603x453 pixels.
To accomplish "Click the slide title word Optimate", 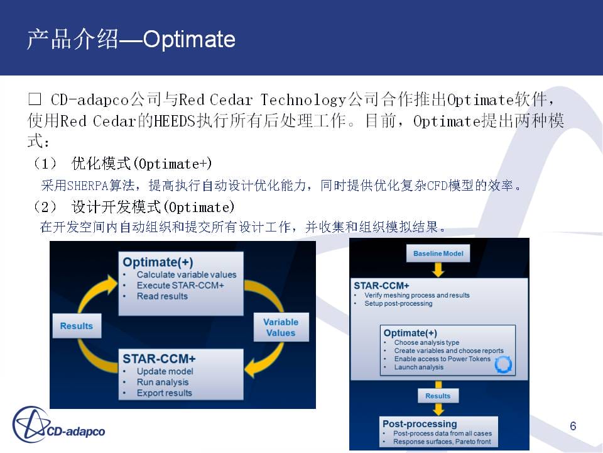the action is click(189, 39).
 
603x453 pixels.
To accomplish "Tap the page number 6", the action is click(573, 426).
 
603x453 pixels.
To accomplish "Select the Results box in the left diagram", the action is click(77, 326).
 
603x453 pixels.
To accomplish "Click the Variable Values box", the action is click(281, 327).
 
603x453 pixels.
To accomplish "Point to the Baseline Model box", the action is click(438, 254).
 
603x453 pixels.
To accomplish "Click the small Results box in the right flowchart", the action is click(438, 396).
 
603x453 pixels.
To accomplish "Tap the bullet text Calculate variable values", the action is click(187, 275).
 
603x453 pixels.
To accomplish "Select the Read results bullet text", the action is click(162, 296).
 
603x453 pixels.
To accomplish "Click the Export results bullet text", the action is click(164, 393).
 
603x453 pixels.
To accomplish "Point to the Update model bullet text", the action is click(165, 371).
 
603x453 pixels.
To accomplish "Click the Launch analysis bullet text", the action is click(419, 367).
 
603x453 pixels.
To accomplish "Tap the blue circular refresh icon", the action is click(503, 364).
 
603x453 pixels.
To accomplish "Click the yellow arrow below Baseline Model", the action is click(438, 270).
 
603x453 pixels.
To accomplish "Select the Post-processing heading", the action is click(420, 423).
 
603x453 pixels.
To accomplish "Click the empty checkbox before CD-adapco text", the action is click(35, 99).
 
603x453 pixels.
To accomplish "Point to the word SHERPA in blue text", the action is click(88, 186).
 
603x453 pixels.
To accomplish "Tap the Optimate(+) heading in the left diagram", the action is click(158, 262).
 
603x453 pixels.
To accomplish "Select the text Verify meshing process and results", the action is click(417, 295).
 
